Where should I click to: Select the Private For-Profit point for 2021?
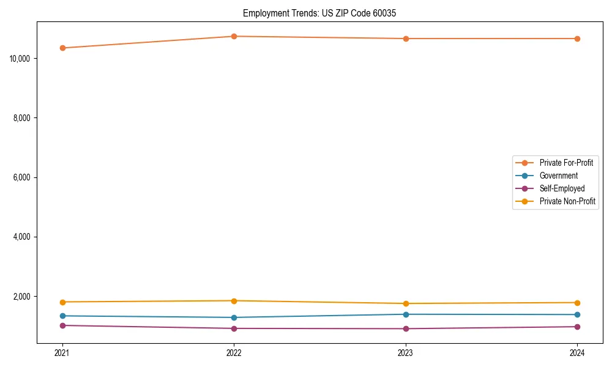click(62, 48)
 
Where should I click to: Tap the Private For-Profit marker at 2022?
click(234, 36)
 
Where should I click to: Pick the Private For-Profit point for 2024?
click(577, 39)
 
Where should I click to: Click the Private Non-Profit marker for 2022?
click(234, 301)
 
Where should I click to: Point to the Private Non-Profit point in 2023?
click(406, 303)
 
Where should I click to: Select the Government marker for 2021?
click(62, 316)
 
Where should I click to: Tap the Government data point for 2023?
click(406, 314)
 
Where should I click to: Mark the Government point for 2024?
click(577, 314)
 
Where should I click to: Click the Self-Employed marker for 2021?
click(62, 325)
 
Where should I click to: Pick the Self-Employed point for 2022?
click(234, 328)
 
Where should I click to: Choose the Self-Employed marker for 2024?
click(577, 327)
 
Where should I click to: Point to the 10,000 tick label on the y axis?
click(21, 59)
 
